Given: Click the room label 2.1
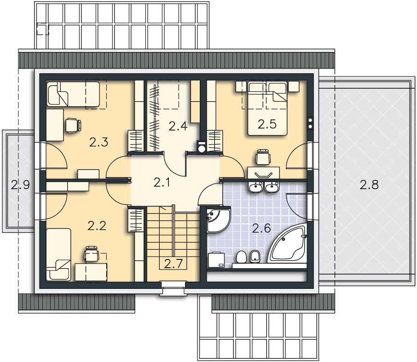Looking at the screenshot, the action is click(x=162, y=183).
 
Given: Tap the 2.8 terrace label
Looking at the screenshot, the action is click(x=369, y=184).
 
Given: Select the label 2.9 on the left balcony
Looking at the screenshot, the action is click(x=20, y=184).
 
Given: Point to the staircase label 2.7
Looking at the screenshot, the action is click(x=174, y=264).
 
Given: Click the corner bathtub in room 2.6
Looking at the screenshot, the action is click(x=289, y=244).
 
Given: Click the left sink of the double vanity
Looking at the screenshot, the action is click(x=256, y=187).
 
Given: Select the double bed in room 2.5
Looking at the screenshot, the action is click(x=267, y=108).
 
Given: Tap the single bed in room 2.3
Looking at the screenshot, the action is click(x=73, y=94).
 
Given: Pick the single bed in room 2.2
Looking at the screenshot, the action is click(x=59, y=254).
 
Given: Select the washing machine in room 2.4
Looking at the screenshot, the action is click(x=202, y=147).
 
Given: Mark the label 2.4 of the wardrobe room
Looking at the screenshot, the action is click(x=178, y=126).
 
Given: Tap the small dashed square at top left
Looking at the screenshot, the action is click(x=43, y=29).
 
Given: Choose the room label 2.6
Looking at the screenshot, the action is click(x=261, y=228).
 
